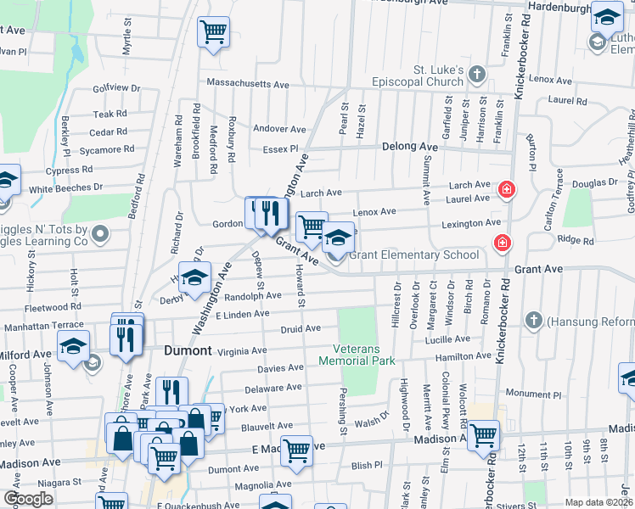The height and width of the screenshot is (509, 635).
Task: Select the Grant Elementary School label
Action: point(413,254)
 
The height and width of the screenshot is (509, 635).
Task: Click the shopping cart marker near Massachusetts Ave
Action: point(213,32)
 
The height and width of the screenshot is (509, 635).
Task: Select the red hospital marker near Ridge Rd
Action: point(502,243)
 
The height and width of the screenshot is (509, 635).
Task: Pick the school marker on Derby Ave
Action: point(194,278)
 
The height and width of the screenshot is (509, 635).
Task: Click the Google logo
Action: point(28,499)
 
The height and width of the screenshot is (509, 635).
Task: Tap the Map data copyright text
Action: point(598,502)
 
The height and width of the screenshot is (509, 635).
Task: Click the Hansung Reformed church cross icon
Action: point(533,322)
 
